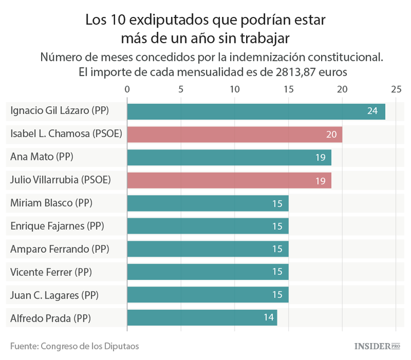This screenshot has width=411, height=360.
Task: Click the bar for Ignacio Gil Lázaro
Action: pyautogui.click(x=256, y=111)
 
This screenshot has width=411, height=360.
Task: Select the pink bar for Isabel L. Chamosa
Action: pyautogui.click(x=235, y=134)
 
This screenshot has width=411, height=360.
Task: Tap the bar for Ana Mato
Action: pyautogui.click(x=229, y=157)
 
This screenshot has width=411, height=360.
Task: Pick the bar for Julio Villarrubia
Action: pyautogui.click(x=229, y=180)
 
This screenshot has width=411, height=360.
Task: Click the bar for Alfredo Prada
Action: pyautogui.click(x=202, y=318)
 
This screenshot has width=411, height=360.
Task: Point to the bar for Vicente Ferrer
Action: pyautogui.click(x=208, y=272)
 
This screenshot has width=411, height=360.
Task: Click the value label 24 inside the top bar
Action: pyautogui.click(x=373, y=111)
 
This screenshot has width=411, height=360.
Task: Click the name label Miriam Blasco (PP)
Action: pyautogui.click(x=52, y=203)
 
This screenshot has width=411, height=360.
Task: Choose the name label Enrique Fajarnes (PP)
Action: pyautogui.click(x=57, y=226)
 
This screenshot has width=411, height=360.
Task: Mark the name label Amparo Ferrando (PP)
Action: pyautogui.click(x=60, y=249)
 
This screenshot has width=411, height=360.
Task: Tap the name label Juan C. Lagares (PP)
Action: pyautogui.click(x=54, y=295)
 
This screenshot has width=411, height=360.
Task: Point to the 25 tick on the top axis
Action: pyautogui.click(x=396, y=89)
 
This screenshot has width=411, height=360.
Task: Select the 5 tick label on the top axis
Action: pyautogui.click(x=181, y=89)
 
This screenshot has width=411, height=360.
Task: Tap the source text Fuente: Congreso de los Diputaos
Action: pyautogui.click(x=75, y=346)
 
